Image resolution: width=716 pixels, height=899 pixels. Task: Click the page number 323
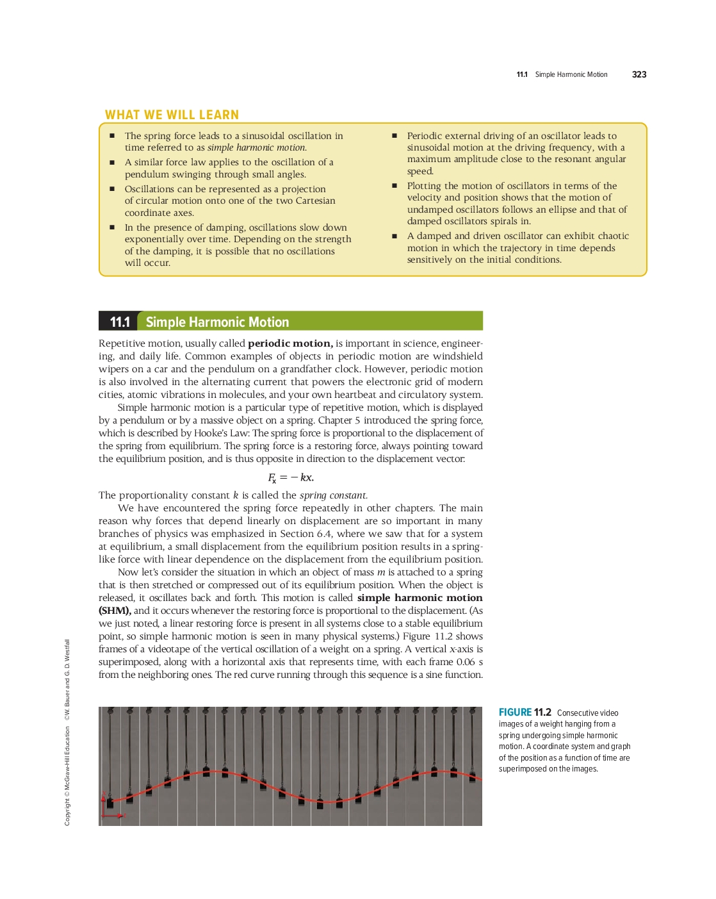click(639, 74)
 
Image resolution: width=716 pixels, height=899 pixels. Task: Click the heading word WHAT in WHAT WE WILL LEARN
click(122, 115)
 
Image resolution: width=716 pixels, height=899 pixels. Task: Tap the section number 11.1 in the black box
click(120, 322)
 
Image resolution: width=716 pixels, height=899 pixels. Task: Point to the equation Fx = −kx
click(290, 477)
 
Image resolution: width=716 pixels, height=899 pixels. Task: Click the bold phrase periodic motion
click(289, 343)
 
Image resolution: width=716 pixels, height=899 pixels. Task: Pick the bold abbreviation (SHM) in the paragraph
click(115, 611)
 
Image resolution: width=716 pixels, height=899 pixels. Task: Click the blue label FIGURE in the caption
click(515, 713)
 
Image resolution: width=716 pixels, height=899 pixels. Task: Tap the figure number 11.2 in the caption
click(542, 713)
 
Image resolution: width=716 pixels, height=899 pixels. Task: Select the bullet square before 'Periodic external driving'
click(395, 136)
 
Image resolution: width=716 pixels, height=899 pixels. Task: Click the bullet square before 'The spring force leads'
click(112, 136)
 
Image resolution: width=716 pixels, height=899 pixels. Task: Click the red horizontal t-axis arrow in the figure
click(115, 815)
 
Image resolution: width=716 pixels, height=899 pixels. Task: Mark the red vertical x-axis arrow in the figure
click(103, 804)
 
